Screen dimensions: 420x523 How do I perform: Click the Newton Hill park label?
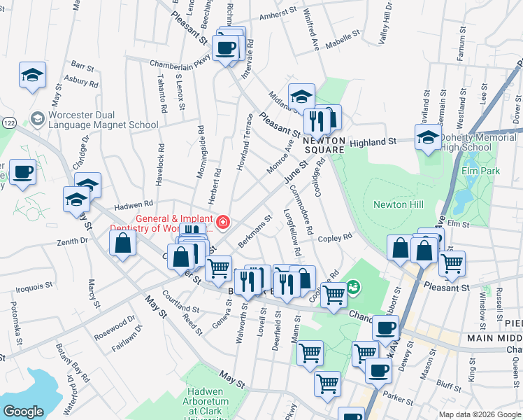click(x=399, y=204)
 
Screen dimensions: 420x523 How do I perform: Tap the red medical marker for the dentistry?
click(x=222, y=223)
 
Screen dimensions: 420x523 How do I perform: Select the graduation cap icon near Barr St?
click(x=32, y=76)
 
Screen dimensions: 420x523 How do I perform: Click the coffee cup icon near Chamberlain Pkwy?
click(x=225, y=48)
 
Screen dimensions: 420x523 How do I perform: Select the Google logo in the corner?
click(x=22, y=412)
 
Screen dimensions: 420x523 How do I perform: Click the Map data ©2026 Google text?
click(x=480, y=414)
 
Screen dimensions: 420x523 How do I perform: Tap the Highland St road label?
click(x=373, y=141)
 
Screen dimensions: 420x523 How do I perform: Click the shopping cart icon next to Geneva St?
click(x=219, y=267)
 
